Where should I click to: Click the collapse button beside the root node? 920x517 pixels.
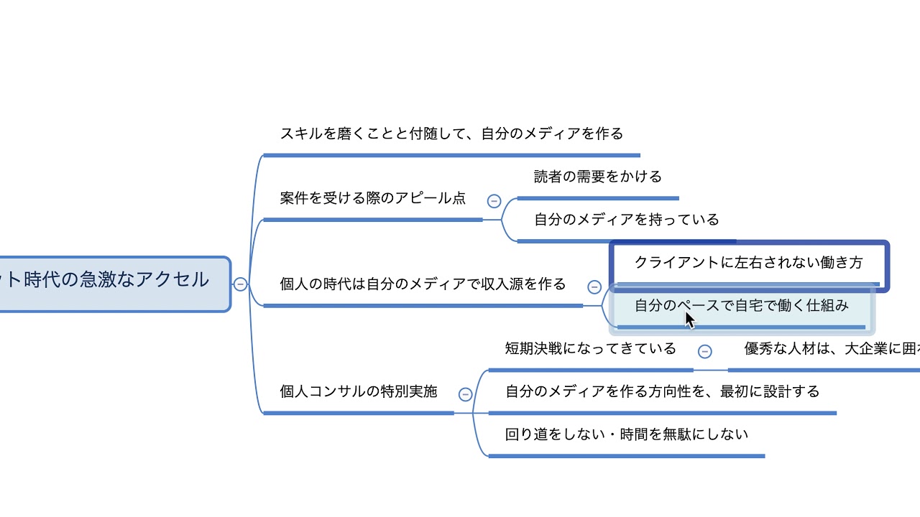240,284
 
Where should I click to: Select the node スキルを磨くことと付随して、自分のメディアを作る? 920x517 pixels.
451,134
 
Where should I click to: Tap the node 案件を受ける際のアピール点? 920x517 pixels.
372,198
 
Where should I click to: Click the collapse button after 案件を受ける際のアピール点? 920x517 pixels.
494,201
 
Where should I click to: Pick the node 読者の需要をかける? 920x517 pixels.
597,177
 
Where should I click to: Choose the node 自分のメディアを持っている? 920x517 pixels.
626,220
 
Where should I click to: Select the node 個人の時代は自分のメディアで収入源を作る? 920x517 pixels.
423,284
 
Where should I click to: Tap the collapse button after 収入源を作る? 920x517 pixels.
594,287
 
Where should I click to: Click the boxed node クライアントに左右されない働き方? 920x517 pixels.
748,263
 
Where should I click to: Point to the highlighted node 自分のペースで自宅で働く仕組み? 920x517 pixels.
741,306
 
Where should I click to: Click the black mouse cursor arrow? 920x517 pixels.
689,320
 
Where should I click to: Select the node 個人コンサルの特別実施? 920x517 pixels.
358,392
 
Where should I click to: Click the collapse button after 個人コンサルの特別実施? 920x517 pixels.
465,394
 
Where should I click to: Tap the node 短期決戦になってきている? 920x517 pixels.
590,349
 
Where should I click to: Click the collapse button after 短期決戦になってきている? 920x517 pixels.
705,351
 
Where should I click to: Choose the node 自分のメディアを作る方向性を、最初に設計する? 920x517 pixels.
662,392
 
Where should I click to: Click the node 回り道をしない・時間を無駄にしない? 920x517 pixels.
626,434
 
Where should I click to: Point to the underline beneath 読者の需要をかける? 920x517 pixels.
597,198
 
